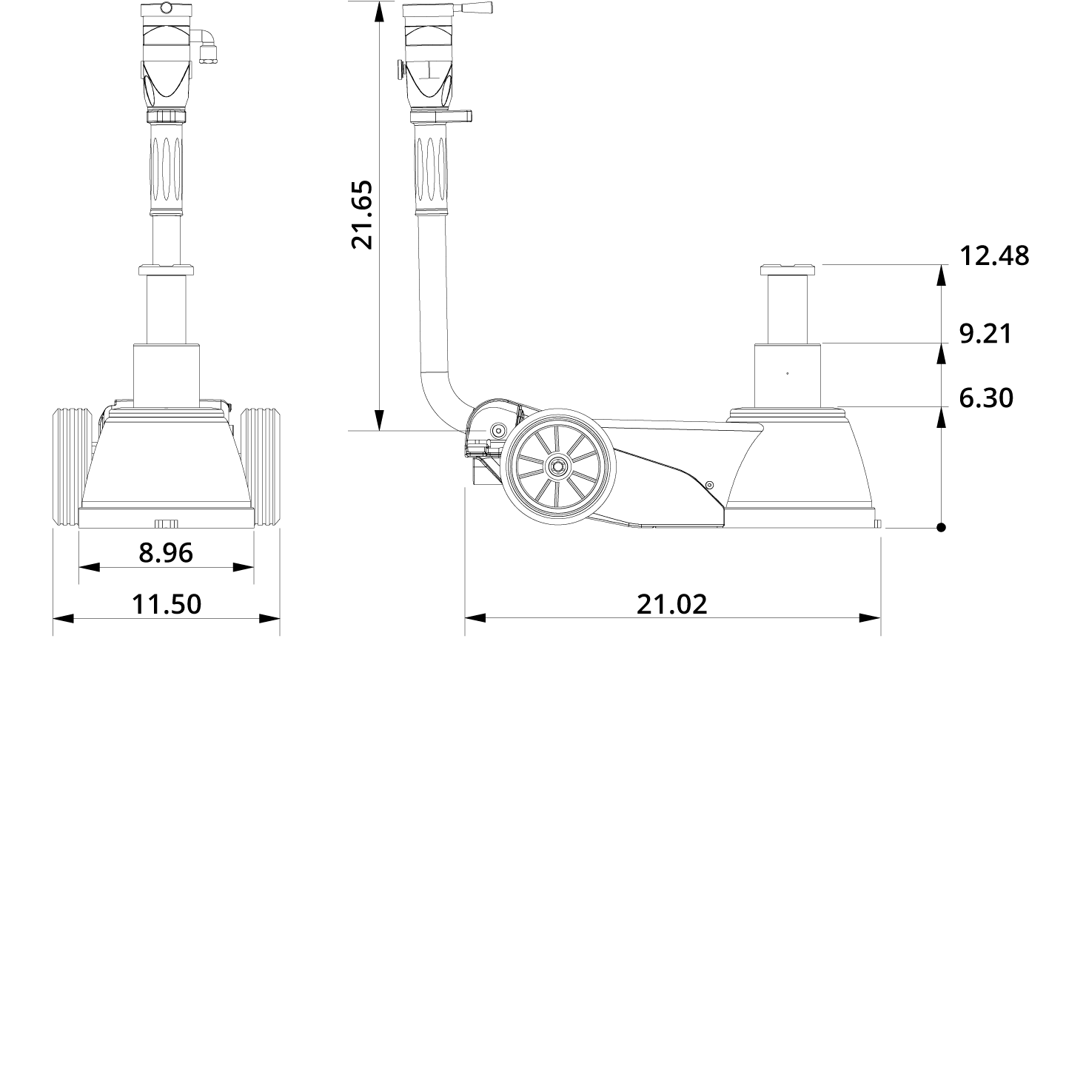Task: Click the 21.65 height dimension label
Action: pos(362,215)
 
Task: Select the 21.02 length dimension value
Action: pos(671,605)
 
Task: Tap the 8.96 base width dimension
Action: pos(166,553)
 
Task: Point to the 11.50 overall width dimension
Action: pos(166,605)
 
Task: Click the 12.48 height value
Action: pos(994,256)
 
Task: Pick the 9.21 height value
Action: pos(985,334)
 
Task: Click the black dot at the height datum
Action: pos(941,528)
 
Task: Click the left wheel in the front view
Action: pos(68,468)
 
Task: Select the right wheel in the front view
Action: pos(264,468)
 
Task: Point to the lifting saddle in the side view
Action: pos(788,269)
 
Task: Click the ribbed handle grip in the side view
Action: pos(432,167)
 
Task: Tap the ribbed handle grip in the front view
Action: pos(167,167)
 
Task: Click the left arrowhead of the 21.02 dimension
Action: pos(475,617)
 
